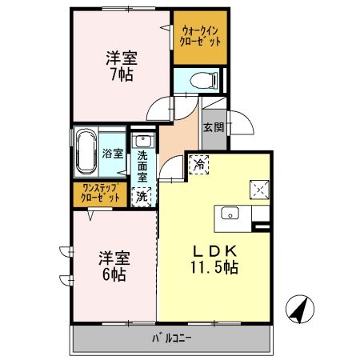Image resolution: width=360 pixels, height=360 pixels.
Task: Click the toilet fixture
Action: (204, 80)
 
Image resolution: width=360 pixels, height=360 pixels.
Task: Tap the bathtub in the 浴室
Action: (87, 152)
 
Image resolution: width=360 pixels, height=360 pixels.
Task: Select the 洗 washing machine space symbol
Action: (142, 194)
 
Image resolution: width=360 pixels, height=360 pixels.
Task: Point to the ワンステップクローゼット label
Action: (98, 193)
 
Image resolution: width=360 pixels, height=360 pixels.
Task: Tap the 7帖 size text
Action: (122, 75)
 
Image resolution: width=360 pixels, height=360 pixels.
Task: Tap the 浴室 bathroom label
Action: (111, 154)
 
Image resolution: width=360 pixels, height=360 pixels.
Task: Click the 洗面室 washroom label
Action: (142, 166)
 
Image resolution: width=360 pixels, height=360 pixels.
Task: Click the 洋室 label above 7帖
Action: (122, 58)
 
